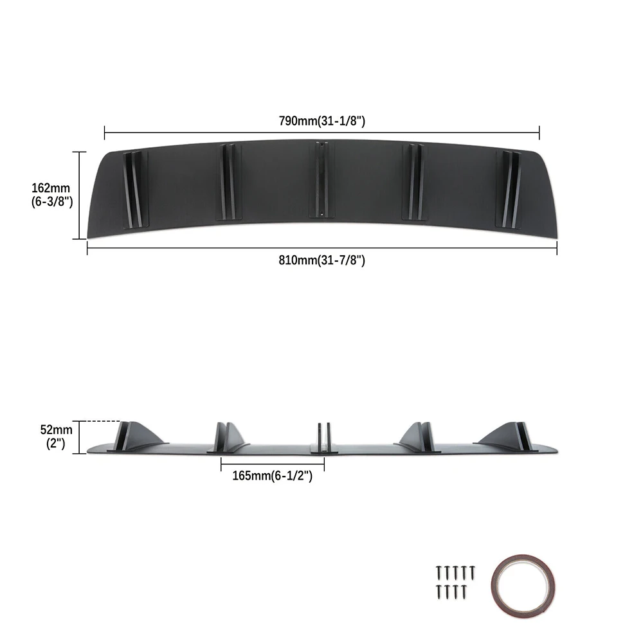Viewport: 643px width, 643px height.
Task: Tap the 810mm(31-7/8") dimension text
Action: [x=321, y=260]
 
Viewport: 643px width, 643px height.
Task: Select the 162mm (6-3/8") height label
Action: [x=52, y=195]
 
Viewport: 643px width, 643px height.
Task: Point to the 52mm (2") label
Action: [x=52, y=437]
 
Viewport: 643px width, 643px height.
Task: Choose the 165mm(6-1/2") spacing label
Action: [x=272, y=476]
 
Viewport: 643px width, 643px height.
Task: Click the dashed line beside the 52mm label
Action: [x=102, y=422]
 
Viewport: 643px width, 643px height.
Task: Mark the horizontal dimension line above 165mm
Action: [x=271, y=462]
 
